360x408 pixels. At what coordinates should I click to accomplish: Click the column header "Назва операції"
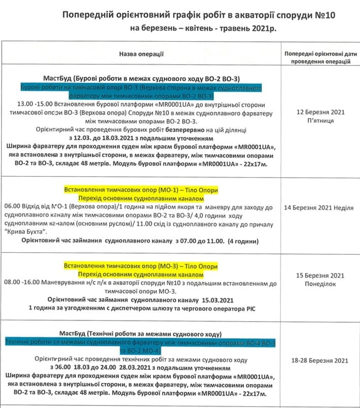pos(141,53)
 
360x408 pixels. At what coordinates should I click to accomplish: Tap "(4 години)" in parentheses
pos(244,240)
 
